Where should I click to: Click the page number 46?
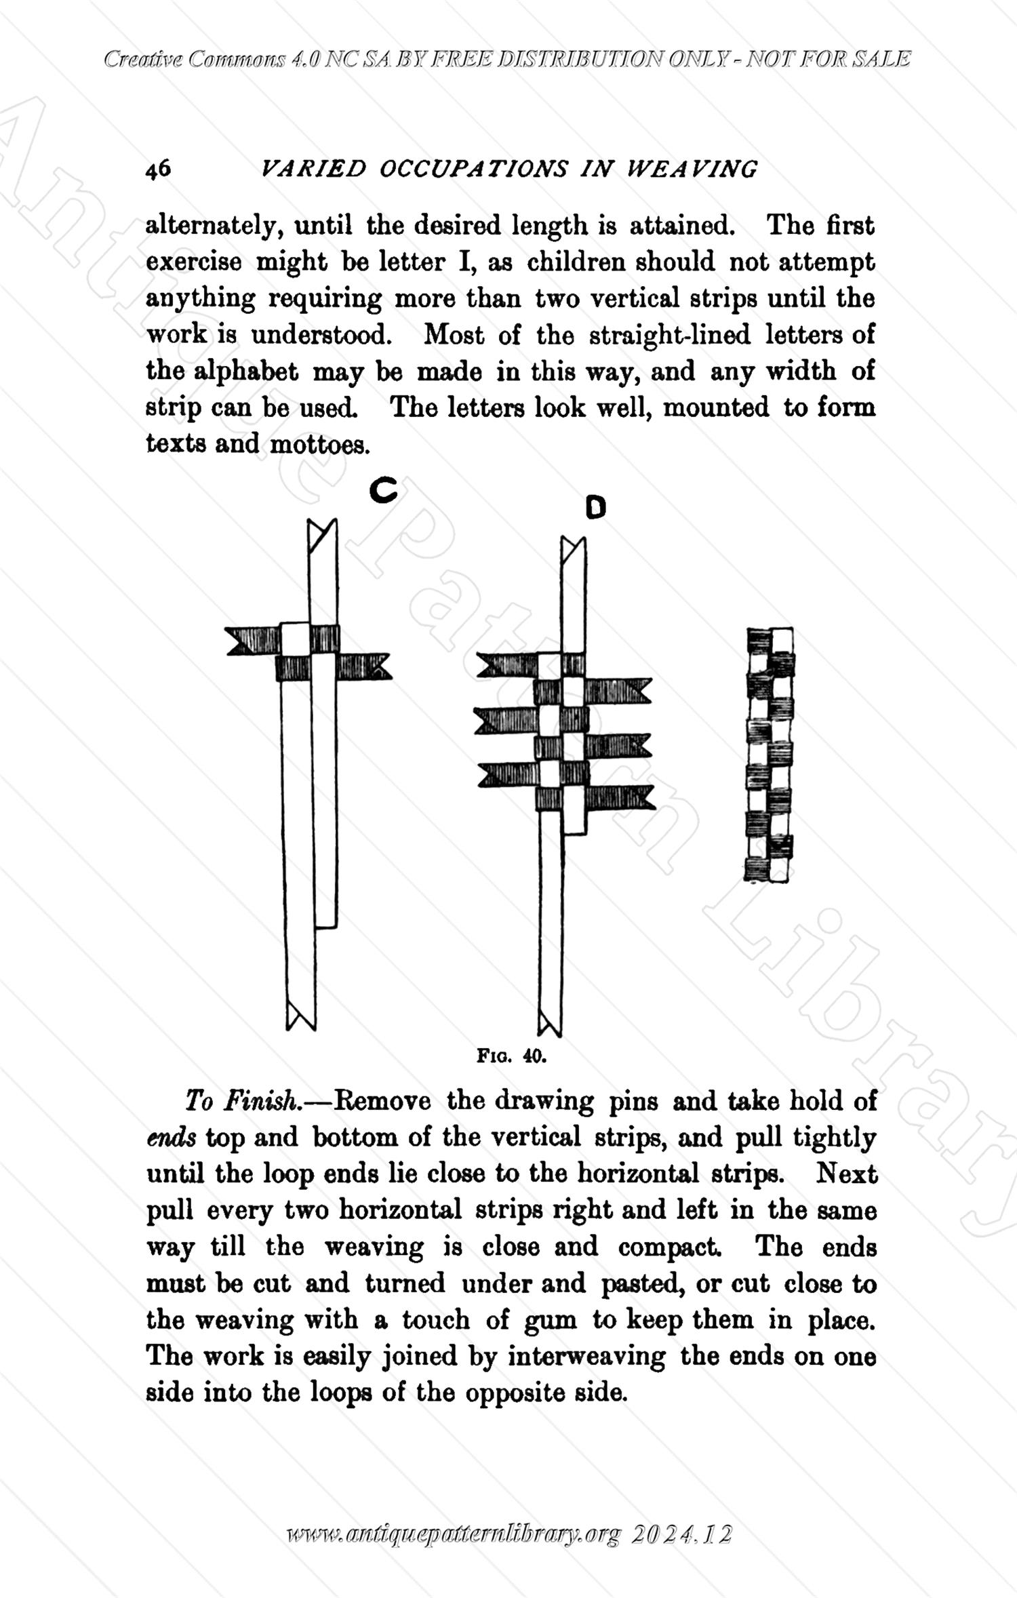pos(158,169)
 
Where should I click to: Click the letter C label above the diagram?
pos(383,490)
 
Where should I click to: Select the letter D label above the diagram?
pos(595,507)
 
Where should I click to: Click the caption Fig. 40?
pos(511,1056)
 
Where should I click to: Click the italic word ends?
pos(171,1137)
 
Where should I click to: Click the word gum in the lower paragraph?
pos(551,1319)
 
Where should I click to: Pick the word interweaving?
pos(586,1356)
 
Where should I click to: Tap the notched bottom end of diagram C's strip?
pos(300,1015)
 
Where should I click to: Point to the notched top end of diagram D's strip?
pos(573,549)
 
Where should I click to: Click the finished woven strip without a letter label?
pos(770,754)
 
